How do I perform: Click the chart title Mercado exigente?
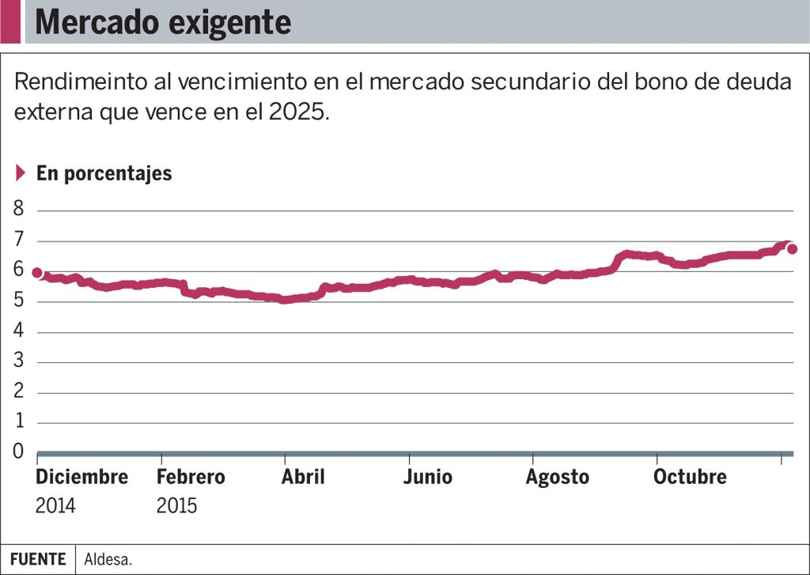[x=163, y=22]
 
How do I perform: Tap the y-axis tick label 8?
[x=18, y=210]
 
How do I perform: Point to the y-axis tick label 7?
[x=18, y=240]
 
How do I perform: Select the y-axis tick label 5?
[x=18, y=301]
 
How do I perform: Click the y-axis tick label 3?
[x=18, y=361]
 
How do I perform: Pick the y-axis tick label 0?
[x=18, y=452]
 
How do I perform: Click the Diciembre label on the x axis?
[x=81, y=477]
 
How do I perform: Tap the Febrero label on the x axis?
[x=191, y=477]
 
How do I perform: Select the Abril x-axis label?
[x=303, y=477]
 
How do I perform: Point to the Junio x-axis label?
[x=427, y=477]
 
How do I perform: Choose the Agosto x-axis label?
[x=558, y=478]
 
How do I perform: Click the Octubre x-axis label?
[x=690, y=477]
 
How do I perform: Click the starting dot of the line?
[x=37, y=273]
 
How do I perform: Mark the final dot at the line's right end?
[x=792, y=249]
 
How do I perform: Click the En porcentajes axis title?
[x=104, y=173]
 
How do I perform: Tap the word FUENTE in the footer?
[x=38, y=559]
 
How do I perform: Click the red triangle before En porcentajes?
[x=21, y=172]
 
